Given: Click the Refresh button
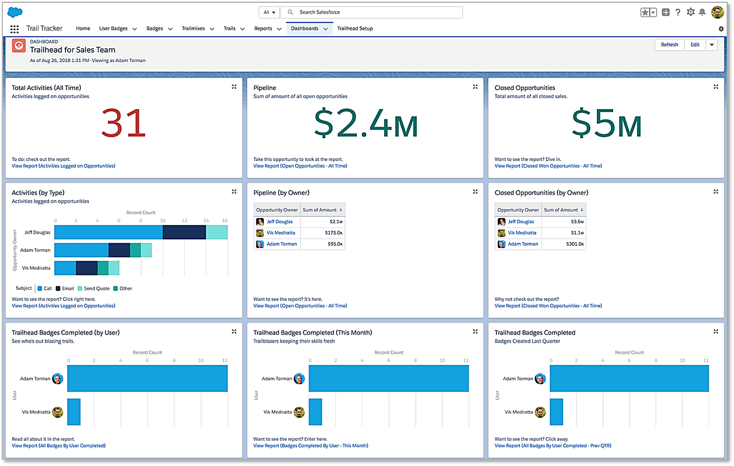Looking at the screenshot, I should [669, 45].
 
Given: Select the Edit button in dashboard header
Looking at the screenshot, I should [694, 45].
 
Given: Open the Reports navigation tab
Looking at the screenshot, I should [263, 29].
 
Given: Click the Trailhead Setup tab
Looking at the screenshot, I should [354, 29].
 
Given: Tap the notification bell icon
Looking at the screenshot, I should [702, 12].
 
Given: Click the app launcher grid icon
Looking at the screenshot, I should [14, 29].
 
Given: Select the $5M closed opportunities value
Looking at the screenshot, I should [607, 125].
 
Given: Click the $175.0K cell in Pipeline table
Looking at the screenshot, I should [332, 233].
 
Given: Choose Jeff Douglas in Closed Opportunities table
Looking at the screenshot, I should [521, 222].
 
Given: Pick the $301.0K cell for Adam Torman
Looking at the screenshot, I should [573, 244].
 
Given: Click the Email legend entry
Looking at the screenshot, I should [68, 289].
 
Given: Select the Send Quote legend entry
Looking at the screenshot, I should [96, 289].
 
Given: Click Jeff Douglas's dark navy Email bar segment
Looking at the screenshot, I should [184, 232].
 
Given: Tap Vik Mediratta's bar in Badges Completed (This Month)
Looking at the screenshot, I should [315, 412].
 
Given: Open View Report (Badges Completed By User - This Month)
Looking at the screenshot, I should [311, 445].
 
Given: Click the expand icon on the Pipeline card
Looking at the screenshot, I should [475, 87].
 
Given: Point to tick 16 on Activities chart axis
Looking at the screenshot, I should [225, 220].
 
